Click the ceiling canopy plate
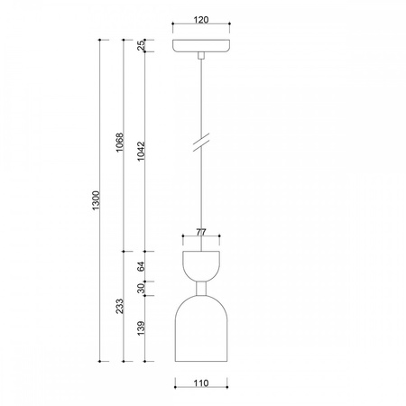pos(200,45)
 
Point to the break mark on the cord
pos(200,144)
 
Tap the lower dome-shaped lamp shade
pos(200,329)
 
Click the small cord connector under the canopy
pos(200,56)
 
